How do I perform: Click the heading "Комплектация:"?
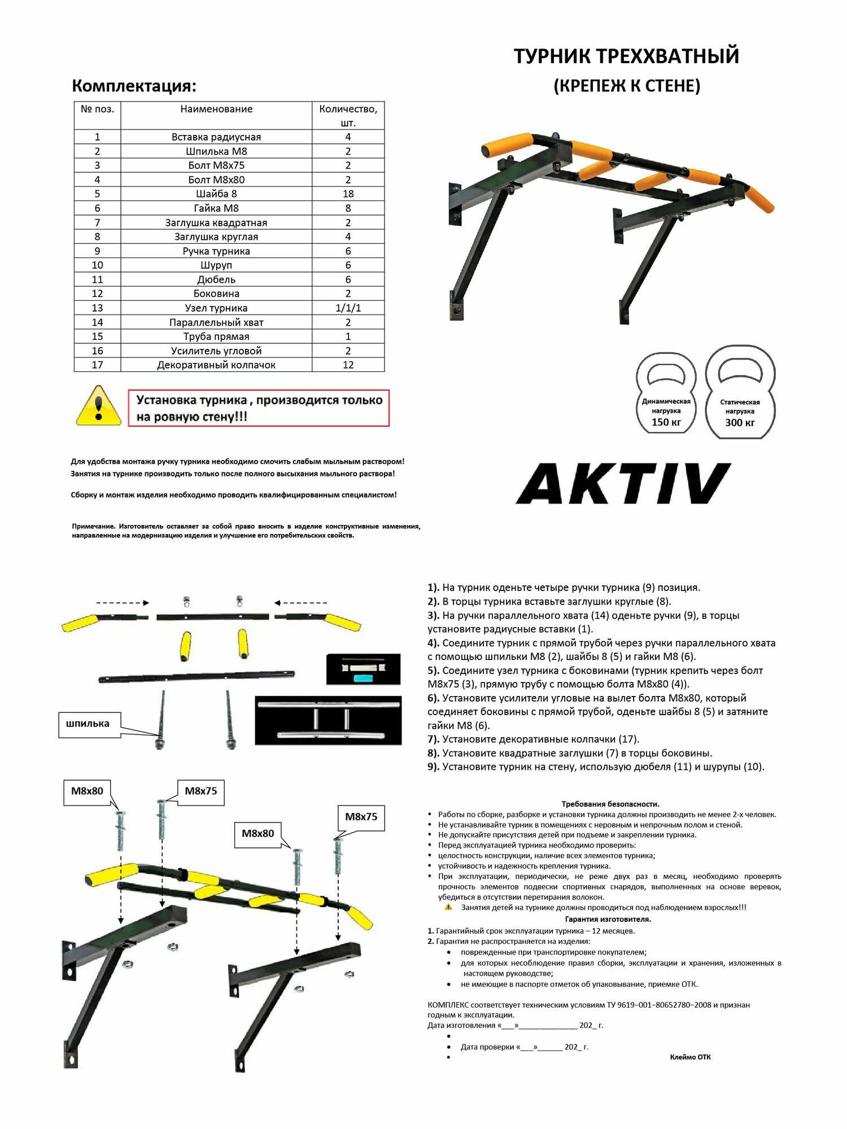tap(134, 86)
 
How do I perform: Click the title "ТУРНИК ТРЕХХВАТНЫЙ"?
tap(626, 56)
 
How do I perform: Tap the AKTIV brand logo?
tap(623, 484)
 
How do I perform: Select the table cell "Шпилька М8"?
tap(216, 151)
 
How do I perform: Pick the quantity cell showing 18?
tap(348, 194)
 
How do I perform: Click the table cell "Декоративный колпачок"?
tap(216, 365)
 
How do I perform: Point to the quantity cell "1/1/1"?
tap(348, 308)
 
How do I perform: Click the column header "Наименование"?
tap(216, 110)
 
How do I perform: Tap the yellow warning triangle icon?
tap(99, 407)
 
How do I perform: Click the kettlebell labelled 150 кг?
tap(666, 395)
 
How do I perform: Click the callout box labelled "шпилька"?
tap(89, 724)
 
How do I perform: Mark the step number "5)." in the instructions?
tap(433, 671)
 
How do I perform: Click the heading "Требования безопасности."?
tap(610, 804)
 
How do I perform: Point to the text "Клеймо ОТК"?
tap(690, 1057)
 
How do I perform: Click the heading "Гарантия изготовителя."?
tap(608, 919)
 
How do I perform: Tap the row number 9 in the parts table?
tap(97, 251)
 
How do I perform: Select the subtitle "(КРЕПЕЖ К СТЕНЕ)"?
tap(627, 86)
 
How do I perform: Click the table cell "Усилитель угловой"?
tap(216, 351)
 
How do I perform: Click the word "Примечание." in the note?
tap(94, 526)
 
